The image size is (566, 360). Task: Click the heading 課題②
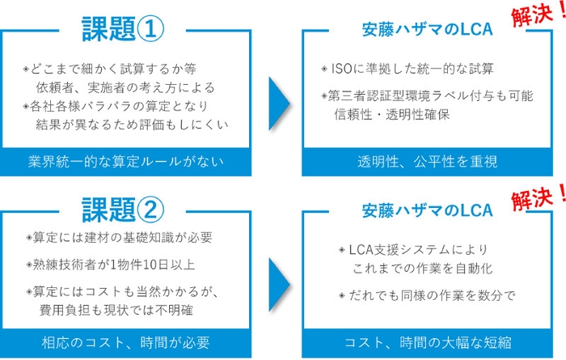click(123, 210)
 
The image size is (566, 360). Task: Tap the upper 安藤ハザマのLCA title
click(426, 30)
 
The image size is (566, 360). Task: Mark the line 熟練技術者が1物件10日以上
click(112, 263)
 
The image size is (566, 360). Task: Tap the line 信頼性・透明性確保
click(391, 114)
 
